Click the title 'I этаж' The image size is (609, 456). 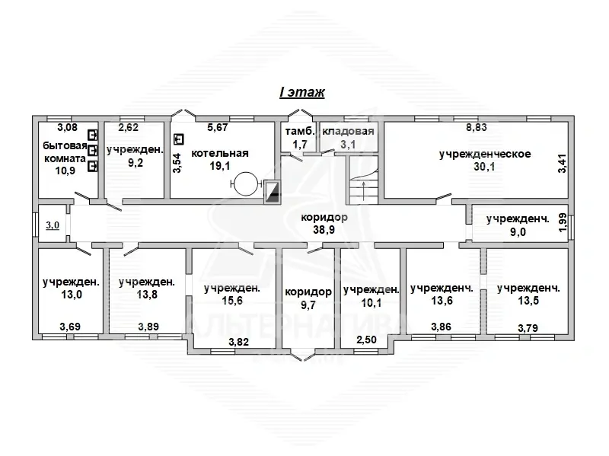pos(301,92)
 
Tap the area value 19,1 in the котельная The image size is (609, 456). pos(220,166)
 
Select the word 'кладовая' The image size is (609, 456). pos(348,131)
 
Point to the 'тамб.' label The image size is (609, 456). pos(300,131)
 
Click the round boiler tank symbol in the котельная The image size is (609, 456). pos(245,183)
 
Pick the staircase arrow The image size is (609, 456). pos(363,190)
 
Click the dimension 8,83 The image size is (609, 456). pos(477,127)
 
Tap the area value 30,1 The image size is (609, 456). pos(484,167)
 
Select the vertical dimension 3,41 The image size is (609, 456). pos(562,164)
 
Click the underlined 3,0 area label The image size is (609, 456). pos(53,225)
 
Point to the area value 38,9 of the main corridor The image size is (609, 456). pos(324,230)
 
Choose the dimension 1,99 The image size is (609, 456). pos(563,222)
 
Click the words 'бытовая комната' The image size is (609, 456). pos(65,152)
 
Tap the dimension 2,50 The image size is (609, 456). pos(366,340)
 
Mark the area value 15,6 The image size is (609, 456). pos(232,301)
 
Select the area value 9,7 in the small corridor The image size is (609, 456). pos(308,305)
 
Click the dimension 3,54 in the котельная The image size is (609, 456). pos(177,164)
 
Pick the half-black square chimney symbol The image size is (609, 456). pos(272,192)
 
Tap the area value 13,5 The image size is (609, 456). pos(528,301)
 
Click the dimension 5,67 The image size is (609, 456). pos(217,127)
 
